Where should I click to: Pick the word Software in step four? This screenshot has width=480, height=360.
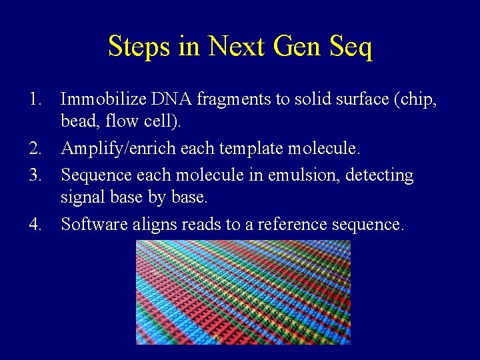click(x=93, y=223)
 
